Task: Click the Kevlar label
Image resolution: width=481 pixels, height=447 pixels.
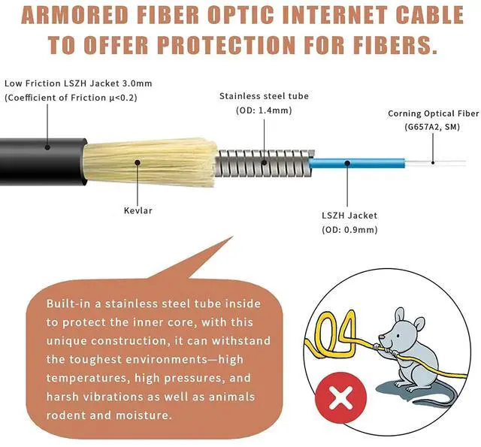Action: click(138, 210)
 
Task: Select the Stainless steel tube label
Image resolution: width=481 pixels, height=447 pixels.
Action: click(263, 96)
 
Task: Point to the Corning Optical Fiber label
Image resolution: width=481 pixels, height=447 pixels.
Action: click(433, 114)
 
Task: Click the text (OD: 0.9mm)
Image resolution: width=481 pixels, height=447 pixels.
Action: click(349, 230)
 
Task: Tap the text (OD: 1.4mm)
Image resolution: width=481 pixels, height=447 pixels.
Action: click(263, 110)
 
